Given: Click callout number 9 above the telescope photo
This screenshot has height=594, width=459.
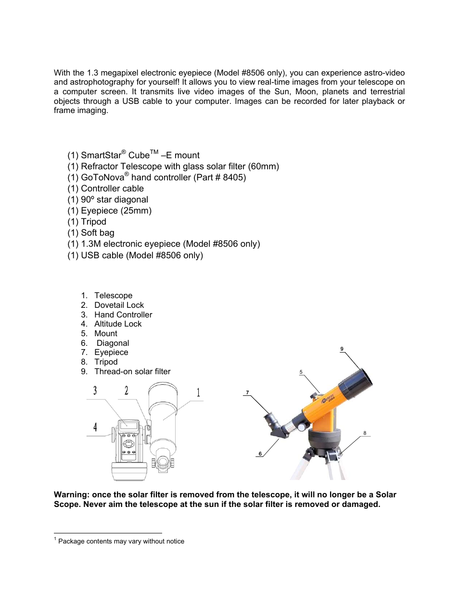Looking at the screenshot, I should click(342, 349).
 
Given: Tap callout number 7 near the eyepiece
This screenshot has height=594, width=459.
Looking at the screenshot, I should click(247, 392).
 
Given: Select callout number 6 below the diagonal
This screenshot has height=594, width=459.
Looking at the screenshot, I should click(260, 454).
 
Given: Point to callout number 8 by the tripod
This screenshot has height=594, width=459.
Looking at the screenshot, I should click(365, 433).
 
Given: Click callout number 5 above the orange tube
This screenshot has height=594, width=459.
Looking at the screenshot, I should click(301, 372).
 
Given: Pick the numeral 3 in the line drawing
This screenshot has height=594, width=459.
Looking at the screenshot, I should click(95, 391).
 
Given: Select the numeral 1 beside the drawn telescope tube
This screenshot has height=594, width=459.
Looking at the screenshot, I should click(198, 392).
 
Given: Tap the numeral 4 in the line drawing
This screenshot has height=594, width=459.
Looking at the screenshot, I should click(95, 427).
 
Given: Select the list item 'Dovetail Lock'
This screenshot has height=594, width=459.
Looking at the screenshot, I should click(119, 305).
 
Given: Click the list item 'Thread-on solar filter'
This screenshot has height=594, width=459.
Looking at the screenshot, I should click(132, 371).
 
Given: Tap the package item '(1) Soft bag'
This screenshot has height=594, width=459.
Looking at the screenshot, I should click(91, 233).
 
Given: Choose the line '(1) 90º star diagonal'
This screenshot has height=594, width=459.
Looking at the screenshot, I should click(108, 200).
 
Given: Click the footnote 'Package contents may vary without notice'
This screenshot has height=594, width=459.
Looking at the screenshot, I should click(121, 541).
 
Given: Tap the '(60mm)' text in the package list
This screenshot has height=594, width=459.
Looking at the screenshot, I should click(263, 166).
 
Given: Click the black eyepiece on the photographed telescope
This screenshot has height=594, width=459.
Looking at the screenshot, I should click(270, 419).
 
